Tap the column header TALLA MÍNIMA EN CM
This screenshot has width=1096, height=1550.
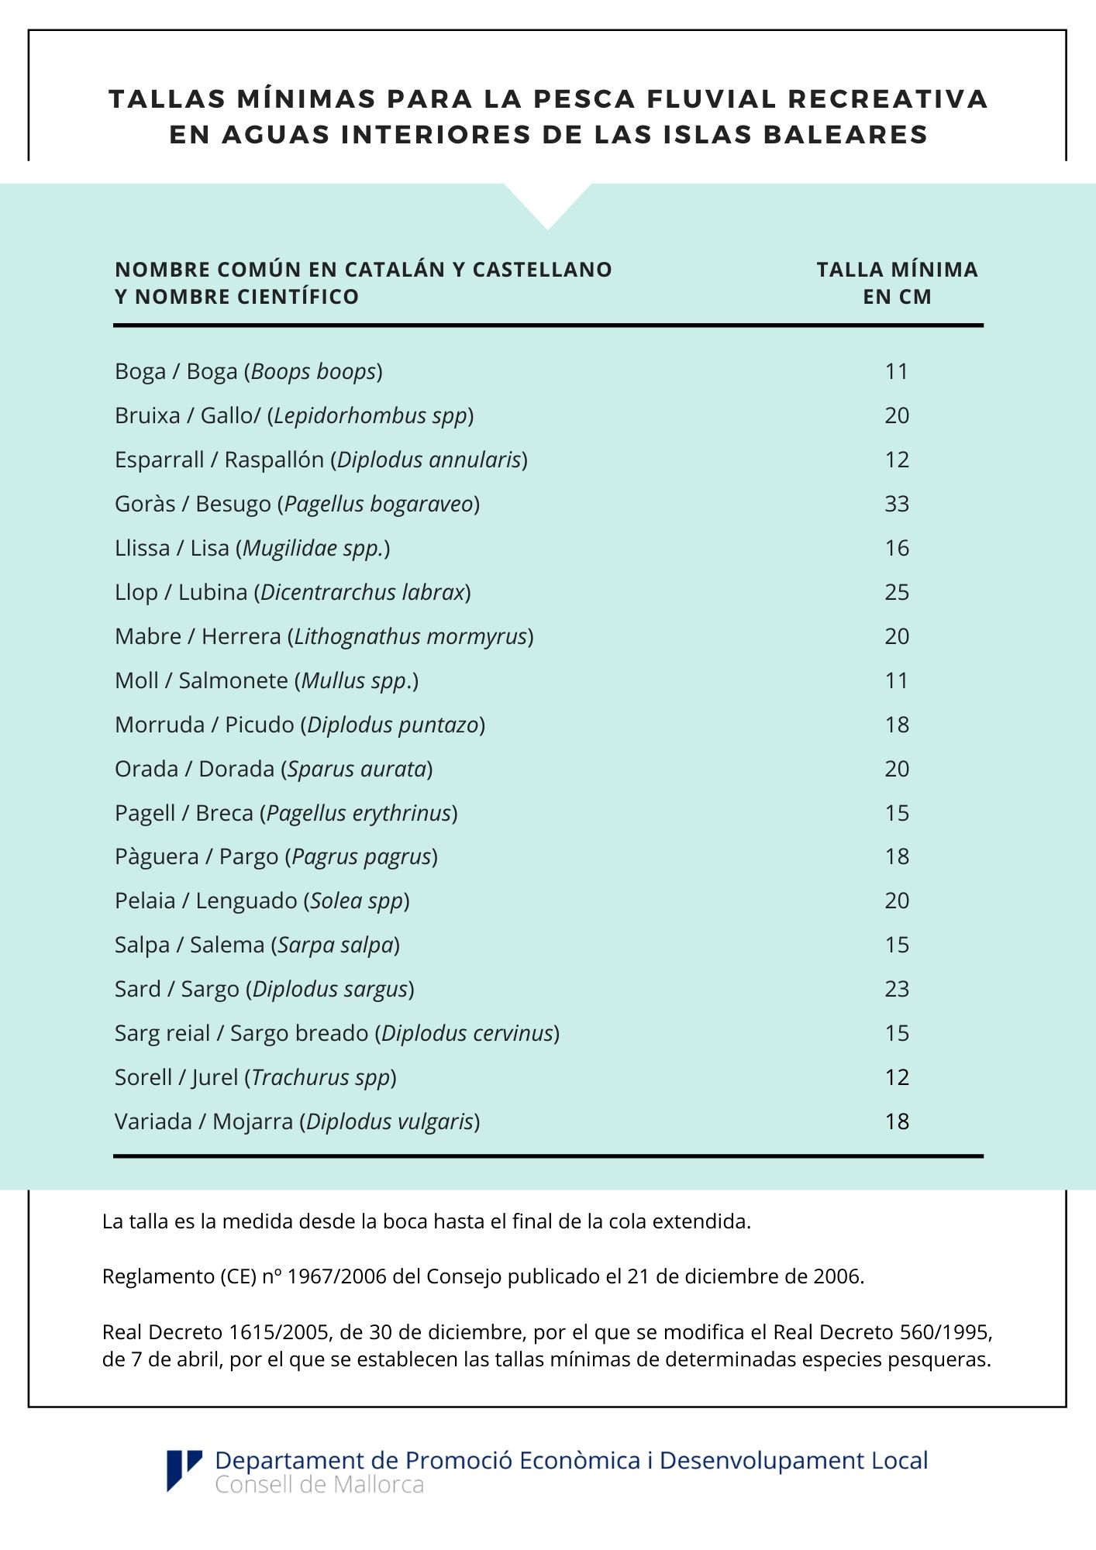pos(897,283)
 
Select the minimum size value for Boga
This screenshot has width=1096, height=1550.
pos(897,371)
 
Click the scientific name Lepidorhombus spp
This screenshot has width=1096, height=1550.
pos(371,415)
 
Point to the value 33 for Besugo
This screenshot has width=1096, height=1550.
pos(897,504)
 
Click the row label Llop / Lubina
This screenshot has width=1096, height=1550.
pos(181,592)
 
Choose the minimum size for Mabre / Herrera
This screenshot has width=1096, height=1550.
pos(897,636)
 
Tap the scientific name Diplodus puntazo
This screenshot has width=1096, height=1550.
pos(393,725)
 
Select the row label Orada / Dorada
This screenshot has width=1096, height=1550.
pos(195,769)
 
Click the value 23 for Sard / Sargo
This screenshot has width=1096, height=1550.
pos(897,989)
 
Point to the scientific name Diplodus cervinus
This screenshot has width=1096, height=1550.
pos(467,1033)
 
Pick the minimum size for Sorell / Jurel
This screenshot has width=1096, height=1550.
pos(897,1077)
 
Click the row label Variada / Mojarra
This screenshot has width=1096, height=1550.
pos(204,1121)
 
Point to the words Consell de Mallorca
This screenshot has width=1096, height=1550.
pos(319,1485)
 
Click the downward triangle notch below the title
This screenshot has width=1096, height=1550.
pos(547,205)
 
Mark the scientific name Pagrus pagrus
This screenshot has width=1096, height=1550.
pos(361,856)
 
